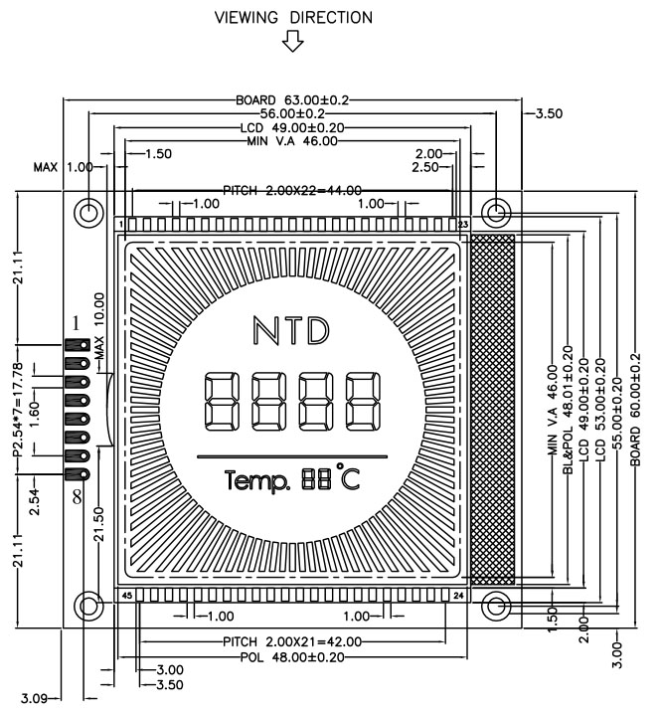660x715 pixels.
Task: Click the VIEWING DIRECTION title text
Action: click(x=293, y=17)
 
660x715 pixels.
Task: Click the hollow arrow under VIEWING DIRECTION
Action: click(x=292, y=41)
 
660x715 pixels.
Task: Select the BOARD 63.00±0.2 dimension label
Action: click(x=292, y=99)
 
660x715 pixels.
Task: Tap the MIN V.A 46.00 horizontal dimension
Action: click(x=292, y=141)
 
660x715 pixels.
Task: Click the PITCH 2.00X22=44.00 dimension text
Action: click(x=292, y=190)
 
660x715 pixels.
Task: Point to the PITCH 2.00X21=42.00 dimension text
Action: click(x=292, y=642)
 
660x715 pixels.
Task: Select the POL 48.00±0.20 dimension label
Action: click(x=292, y=657)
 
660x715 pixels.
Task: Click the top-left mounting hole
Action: click(x=88, y=213)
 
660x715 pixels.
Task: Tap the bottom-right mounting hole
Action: click(x=496, y=606)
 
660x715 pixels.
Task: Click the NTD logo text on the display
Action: click(x=291, y=330)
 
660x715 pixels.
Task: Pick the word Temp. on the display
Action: click(x=257, y=481)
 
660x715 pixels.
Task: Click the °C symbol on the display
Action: click(x=348, y=476)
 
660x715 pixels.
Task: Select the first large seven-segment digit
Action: click(x=222, y=402)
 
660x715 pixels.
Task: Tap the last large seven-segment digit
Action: click(x=363, y=402)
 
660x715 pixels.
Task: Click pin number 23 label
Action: click(x=463, y=224)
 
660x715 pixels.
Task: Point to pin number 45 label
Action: click(x=126, y=596)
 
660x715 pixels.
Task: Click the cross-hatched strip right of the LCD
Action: click(x=492, y=410)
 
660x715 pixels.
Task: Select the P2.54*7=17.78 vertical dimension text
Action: click(x=17, y=410)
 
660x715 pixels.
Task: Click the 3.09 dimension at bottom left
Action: click(x=34, y=698)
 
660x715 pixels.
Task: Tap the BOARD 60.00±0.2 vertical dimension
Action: click(x=635, y=410)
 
